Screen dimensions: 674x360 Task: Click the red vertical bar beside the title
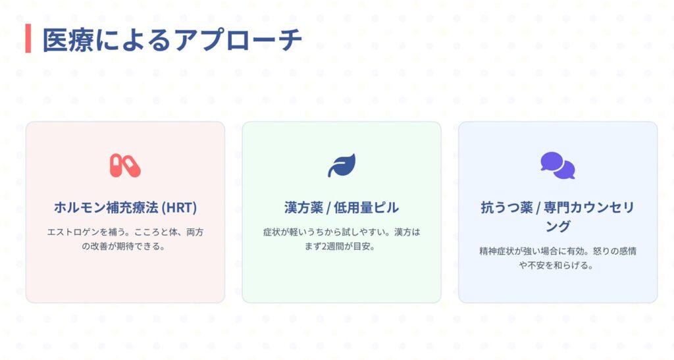click(x=28, y=38)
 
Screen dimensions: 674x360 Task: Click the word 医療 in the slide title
click(x=68, y=40)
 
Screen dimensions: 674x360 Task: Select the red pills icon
click(x=125, y=166)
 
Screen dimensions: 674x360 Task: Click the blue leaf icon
click(x=342, y=165)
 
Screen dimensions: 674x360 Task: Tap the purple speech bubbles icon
click(x=558, y=165)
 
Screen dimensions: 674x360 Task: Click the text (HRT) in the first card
click(x=179, y=207)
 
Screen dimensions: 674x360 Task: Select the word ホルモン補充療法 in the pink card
click(x=106, y=207)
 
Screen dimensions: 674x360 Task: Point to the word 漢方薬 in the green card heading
click(x=303, y=207)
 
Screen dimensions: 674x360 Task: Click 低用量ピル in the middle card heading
click(x=366, y=207)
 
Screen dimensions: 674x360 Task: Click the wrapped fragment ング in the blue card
click(x=558, y=226)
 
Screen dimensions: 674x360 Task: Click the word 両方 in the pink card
click(x=195, y=232)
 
